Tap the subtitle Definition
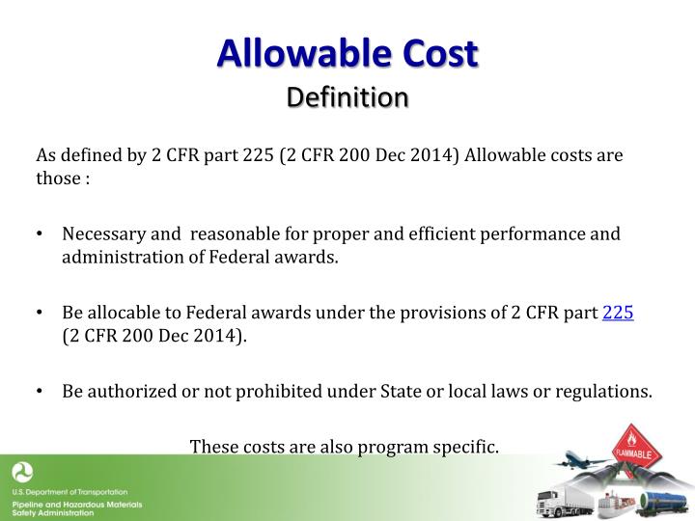click(347, 97)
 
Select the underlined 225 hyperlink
click(618, 313)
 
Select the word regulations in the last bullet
click(605, 392)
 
